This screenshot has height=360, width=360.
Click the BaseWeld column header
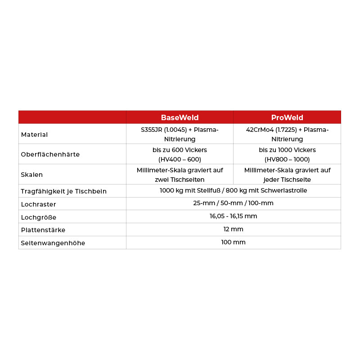tap(180, 117)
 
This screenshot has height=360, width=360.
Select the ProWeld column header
tap(287, 117)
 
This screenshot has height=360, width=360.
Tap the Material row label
tap(34, 135)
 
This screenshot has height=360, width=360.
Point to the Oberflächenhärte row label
tap(50, 154)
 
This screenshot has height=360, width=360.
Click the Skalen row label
tap(32, 175)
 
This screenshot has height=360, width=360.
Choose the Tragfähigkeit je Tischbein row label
tap(63, 191)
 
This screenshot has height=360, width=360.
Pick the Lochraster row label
tap(38, 204)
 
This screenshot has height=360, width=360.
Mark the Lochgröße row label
tap(38, 217)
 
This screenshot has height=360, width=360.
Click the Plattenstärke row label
tap(43, 230)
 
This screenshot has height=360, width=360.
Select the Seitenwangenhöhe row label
tap(53, 243)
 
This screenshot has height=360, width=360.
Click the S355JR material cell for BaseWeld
tap(180, 134)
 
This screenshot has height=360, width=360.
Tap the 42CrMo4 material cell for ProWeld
tap(287, 134)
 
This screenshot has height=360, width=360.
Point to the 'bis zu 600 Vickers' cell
tap(180, 154)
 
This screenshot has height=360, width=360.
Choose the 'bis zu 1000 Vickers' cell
tap(287, 154)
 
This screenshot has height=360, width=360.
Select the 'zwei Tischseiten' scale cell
tap(180, 175)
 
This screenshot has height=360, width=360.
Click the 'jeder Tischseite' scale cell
tap(287, 175)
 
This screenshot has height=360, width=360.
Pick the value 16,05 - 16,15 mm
tap(233, 216)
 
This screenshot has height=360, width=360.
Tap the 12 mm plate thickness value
tap(233, 229)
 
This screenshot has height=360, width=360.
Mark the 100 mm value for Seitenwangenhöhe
tap(233, 242)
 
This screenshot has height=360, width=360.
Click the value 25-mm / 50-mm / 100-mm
tap(233, 203)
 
